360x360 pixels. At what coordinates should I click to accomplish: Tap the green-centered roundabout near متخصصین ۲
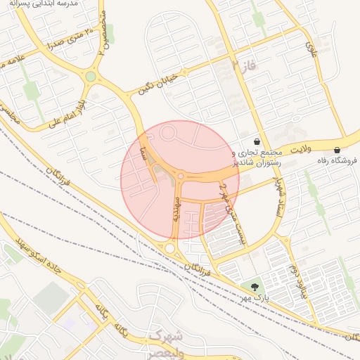point(91,76)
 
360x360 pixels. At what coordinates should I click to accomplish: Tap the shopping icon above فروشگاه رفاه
point(338,150)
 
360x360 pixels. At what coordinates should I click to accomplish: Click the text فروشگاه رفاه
point(337,160)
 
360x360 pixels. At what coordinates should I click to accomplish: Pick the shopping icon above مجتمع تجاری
point(257,141)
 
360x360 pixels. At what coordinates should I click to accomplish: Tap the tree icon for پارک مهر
point(253,286)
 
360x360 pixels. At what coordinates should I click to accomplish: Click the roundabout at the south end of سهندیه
point(169,247)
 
